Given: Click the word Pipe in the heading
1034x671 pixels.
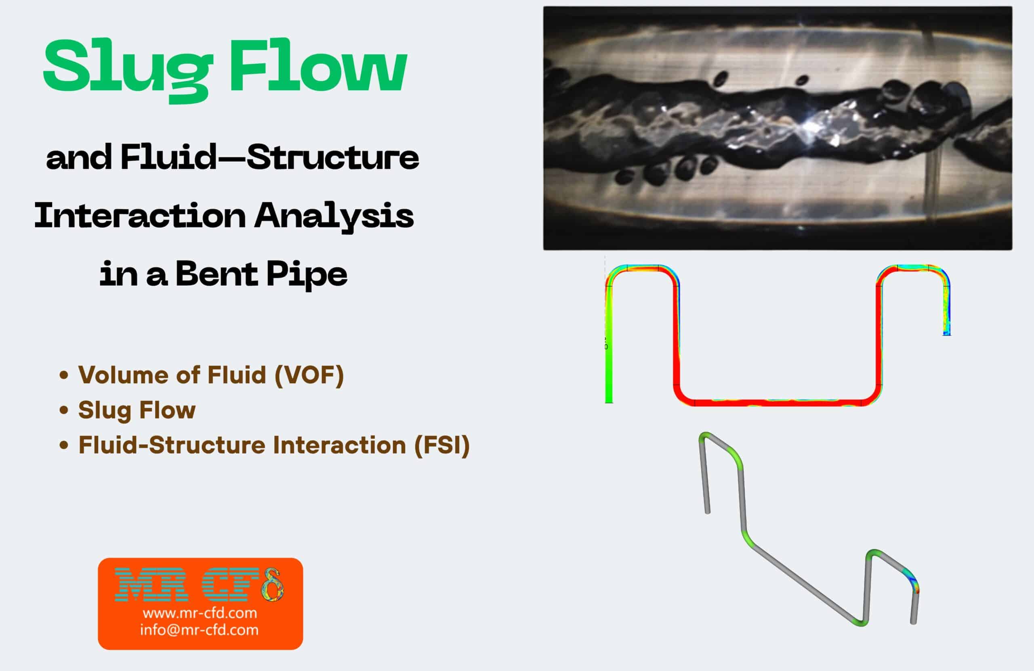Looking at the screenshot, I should pyautogui.click(x=306, y=275).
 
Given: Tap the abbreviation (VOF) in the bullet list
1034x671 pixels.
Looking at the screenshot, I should pyautogui.click(x=309, y=374).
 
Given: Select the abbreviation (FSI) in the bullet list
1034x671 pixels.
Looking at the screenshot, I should pyautogui.click(x=442, y=445).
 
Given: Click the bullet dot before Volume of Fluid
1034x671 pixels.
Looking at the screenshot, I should pyautogui.click(x=64, y=374).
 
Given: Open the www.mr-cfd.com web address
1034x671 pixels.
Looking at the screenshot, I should pyautogui.click(x=200, y=613).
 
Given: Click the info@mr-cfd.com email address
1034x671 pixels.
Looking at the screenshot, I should pyautogui.click(x=199, y=630).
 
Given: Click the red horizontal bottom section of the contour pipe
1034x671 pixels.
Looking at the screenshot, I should pyautogui.click(x=778, y=402).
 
